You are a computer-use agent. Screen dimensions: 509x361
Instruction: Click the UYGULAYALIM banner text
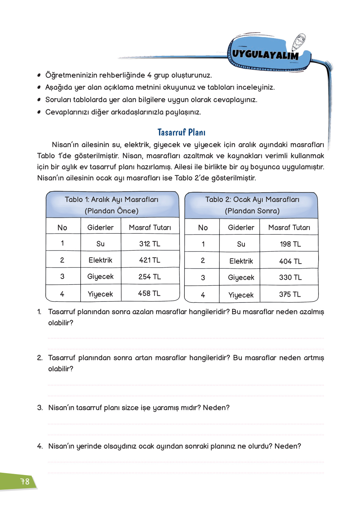point(265,54)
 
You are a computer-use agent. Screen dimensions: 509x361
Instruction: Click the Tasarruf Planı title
point(181,132)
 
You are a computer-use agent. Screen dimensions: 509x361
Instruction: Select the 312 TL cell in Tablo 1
point(150,244)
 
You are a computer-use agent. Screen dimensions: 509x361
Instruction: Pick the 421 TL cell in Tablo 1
point(150,260)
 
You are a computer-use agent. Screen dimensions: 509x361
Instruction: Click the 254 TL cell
point(150,277)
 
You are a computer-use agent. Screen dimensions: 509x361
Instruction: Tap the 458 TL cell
point(149,293)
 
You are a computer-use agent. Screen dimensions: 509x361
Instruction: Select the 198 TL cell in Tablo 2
point(290,244)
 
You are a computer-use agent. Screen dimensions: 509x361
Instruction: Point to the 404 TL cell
point(290,261)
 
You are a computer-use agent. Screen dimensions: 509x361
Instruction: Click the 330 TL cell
point(290,277)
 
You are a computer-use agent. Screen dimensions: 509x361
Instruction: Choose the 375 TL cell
point(290,294)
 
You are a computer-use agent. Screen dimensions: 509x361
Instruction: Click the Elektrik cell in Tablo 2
point(241,261)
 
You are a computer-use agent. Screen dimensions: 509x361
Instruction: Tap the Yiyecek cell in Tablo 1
point(100,294)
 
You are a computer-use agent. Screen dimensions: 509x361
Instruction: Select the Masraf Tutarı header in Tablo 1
point(150,227)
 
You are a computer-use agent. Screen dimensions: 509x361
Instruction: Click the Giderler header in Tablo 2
point(241,227)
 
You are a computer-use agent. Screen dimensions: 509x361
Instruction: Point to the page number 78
point(25,481)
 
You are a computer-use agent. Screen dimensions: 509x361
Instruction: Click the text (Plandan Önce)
point(112,211)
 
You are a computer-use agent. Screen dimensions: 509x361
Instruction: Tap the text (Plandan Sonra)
point(252,211)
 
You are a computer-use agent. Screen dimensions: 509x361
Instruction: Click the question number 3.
point(40,408)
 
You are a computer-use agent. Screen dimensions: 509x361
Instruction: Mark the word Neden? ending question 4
point(288,446)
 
